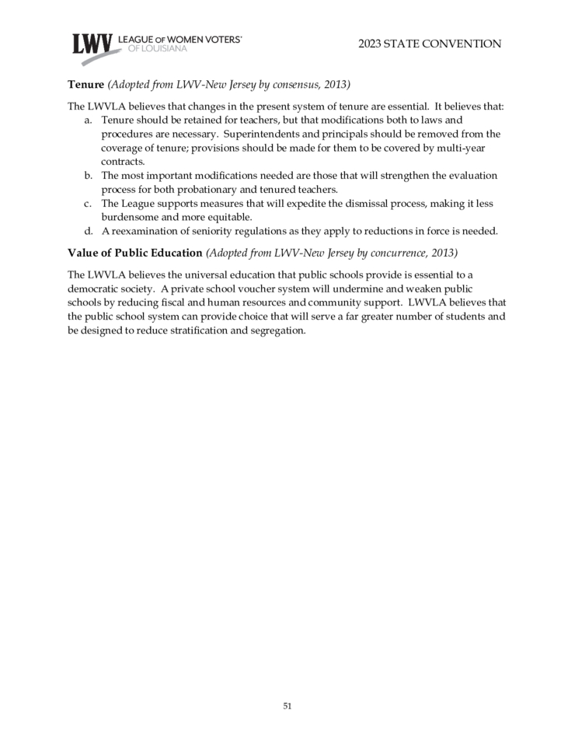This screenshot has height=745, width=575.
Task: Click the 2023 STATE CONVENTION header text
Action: pyautogui.click(x=430, y=44)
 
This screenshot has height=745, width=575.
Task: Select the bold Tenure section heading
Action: pyautogui.click(x=85, y=84)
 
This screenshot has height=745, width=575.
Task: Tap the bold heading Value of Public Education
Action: pyautogui.click(x=135, y=253)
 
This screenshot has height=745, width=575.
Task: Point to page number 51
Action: pyautogui.click(x=287, y=706)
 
